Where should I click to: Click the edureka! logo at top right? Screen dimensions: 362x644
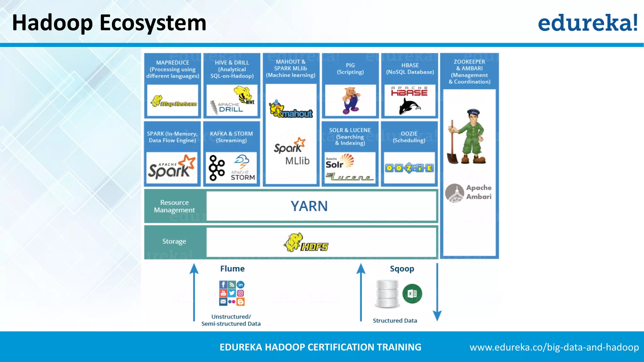click(x=587, y=23)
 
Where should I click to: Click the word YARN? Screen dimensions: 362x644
click(x=309, y=206)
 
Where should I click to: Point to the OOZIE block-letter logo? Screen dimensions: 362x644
click(x=409, y=168)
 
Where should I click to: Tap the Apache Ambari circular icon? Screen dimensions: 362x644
click(x=454, y=193)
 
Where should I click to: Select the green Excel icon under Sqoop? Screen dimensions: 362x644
click(x=412, y=293)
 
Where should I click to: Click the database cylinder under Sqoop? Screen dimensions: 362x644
click(x=387, y=294)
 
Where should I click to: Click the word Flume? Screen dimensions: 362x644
click(x=232, y=269)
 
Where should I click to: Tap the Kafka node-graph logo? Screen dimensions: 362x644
click(x=217, y=168)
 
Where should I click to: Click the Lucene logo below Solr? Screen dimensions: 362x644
click(x=349, y=177)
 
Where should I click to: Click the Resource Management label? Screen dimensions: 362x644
click(x=174, y=206)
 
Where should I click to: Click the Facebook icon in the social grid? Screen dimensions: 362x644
click(x=223, y=285)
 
